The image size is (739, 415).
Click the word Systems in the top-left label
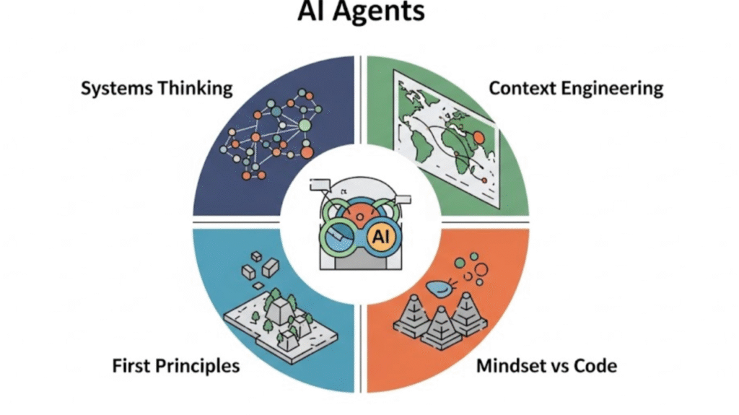coord(116,89)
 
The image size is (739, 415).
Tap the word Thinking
coord(195,89)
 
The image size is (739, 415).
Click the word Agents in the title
coord(378,10)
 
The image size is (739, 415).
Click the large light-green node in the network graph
coord(305,125)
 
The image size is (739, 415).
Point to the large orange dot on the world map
coord(478,138)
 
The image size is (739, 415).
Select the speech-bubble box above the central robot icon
coord(320,184)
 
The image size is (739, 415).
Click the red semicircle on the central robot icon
coord(360,215)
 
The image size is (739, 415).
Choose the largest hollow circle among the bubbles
coord(481,270)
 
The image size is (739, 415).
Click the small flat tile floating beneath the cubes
coord(258,287)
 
